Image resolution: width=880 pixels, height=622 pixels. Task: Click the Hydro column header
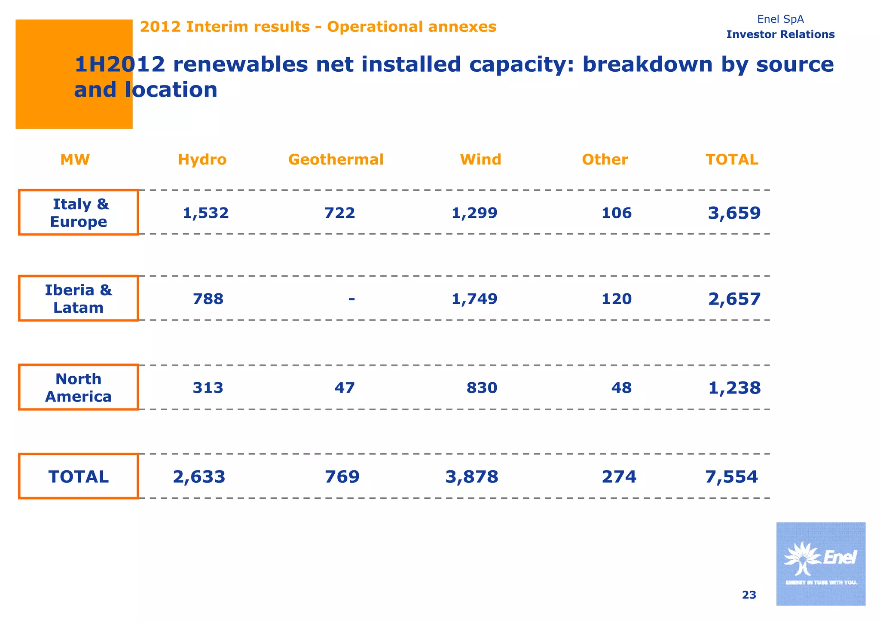click(202, 160)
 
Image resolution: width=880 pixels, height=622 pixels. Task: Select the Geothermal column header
click(336, 160)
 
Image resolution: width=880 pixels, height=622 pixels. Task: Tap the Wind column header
click(480, 160)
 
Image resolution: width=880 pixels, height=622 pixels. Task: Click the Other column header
click(605, 160)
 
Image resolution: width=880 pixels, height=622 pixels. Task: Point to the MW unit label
click(75, 160)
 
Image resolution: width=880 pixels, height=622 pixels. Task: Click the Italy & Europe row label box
click(79, 213)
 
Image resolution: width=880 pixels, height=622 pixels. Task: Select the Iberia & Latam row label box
click(79, 299)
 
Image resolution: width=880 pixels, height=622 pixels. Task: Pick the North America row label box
click(79, 387)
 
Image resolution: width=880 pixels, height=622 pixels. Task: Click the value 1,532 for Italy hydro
click(205, 213)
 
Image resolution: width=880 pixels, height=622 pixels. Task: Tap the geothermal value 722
click(339, 213)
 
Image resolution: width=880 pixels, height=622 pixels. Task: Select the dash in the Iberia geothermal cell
click(351, 298)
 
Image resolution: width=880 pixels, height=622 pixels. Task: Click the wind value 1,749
click(474, 299)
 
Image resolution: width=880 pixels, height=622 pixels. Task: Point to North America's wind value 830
click(482, 388)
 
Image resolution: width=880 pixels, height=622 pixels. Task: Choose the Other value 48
click(621, 388)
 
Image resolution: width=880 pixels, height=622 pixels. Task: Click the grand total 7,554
click(731, 477)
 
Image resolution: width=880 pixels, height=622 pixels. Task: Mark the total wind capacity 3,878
click(472, 477)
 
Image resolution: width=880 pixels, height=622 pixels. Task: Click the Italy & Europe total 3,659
click(734, 213)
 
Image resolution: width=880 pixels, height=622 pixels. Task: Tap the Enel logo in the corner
click(820, 564)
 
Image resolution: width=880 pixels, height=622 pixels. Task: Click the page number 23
click(749, 595)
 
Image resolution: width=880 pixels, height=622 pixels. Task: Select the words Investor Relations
click(780, 34)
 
